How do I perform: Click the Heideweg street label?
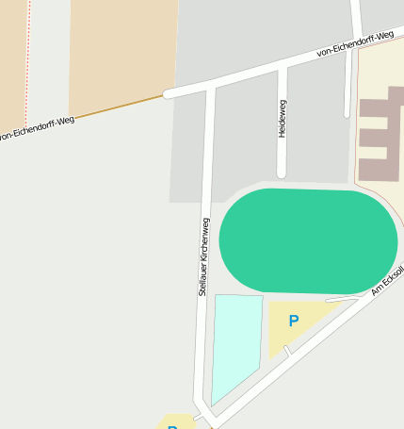[x=282, y=119]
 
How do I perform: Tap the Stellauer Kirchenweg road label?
[x=202, y=256]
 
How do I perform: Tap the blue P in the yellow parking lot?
[x=293, y=322]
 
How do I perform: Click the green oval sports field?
[x=308, y=240]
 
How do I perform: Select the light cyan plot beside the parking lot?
[x=235, y=344]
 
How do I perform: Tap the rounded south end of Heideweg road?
[x=281, y=173]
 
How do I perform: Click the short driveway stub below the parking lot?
[x=287, y=352]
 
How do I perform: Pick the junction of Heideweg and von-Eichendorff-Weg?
[x=282, y=68]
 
